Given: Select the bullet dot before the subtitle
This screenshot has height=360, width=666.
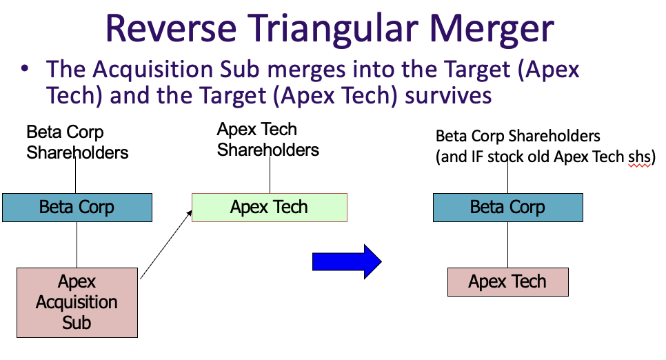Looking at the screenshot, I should point(26,70).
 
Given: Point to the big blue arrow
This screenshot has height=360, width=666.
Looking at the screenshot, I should point(347,261).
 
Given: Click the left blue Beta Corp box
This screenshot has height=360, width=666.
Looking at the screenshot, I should point(77,208).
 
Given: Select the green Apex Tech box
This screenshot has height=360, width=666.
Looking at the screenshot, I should point(269,208).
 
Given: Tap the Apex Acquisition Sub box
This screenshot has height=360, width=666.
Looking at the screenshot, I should point(77,302).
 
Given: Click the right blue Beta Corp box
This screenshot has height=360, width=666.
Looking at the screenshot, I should point(507,208).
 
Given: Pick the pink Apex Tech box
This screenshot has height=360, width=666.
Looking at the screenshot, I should point(507,282).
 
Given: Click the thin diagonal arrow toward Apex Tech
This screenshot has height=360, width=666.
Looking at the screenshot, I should point(165,244).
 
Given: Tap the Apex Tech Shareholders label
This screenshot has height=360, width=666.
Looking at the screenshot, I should point(268,139).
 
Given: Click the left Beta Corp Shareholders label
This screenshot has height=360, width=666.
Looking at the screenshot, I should point(77,142).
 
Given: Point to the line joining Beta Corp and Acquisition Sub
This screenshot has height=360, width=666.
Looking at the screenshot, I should point(77,246).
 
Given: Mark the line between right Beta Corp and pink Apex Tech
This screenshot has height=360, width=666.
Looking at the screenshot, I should point(508,245).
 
